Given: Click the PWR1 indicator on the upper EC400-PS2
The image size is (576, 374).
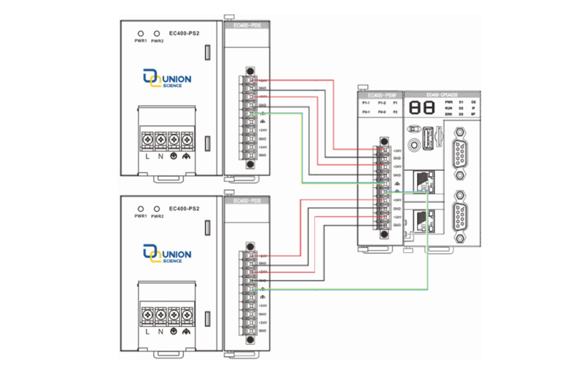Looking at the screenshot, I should tap(140, 33).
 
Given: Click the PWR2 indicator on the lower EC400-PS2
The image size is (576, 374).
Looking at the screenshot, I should tap(157, 207).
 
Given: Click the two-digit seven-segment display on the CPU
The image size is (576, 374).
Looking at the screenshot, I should tap(421, 108).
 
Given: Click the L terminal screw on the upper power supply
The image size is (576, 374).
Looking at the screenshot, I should tap(148, 137).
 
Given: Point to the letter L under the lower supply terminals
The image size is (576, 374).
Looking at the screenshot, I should tap(148, 332).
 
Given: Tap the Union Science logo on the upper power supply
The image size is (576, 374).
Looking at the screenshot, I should tap(166, 77).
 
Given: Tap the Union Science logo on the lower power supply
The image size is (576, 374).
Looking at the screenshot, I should tap(166, 252).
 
